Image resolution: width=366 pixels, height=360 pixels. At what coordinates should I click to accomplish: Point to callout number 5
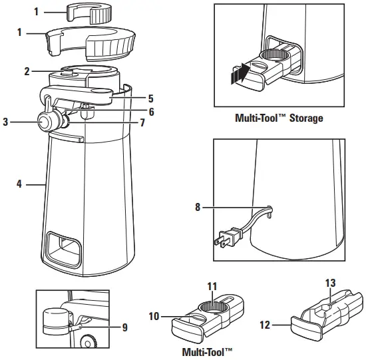tap(151, 97)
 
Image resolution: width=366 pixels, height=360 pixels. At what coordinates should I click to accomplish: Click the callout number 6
tap(151, 112)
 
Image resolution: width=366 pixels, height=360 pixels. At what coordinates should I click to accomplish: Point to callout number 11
tap(212, 287)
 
